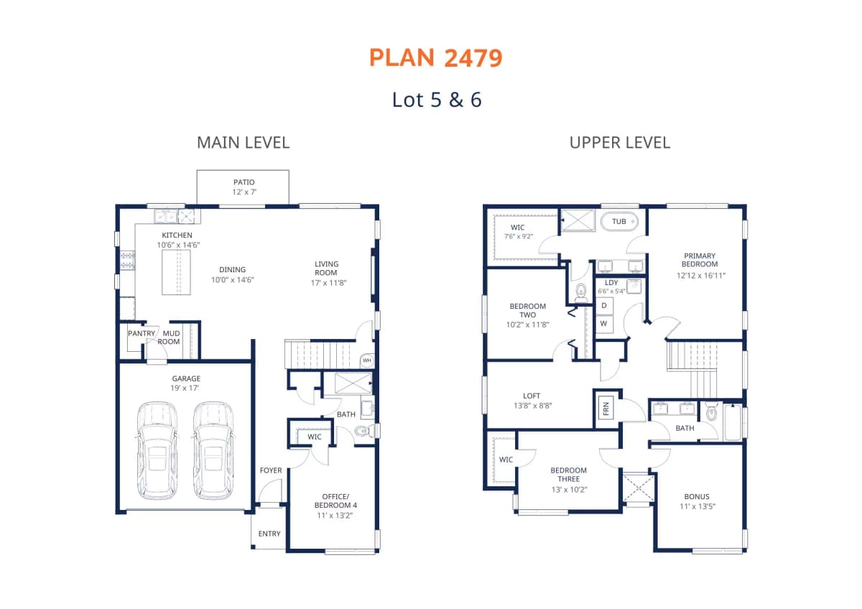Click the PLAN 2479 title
point(435,58)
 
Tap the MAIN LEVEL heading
point(244,143)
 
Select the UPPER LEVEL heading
point(619,143)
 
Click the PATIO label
point(244,182)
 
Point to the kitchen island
point(176,272)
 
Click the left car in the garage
point(157,450)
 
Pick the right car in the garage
point(213,450)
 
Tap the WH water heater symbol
point(367,361)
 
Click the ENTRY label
point(269,534)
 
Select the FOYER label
point(271,470)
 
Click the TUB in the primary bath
point(619,221)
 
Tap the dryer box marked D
point(604,306)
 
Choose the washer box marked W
point(604,324)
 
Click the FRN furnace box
point(606,409)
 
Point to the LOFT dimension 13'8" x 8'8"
point(532,406)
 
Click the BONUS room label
point(697,497)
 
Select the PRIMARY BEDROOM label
point(700,260)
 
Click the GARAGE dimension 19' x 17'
point(185,389)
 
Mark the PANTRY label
point(142,333)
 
